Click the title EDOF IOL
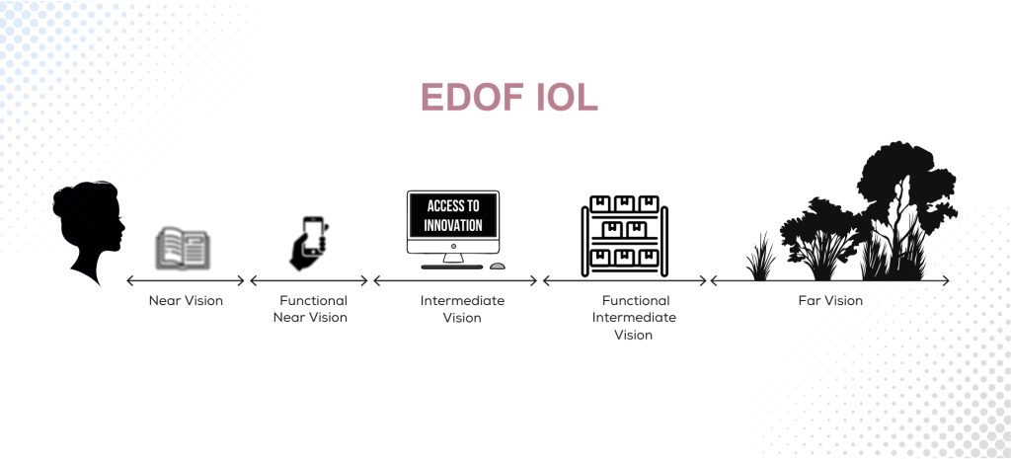click(x=508, y=98)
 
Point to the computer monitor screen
click(x=453, y=216)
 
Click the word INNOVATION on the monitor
click(x=453, y=226)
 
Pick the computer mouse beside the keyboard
click(x=498, y=266)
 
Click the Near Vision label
click(x=186, y=301)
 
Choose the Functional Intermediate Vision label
click(x=634, y=318)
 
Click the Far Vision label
click(x=830, y=301)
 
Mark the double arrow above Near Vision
click(x=186, y=281)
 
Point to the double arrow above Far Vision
click(x=830, y=281)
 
